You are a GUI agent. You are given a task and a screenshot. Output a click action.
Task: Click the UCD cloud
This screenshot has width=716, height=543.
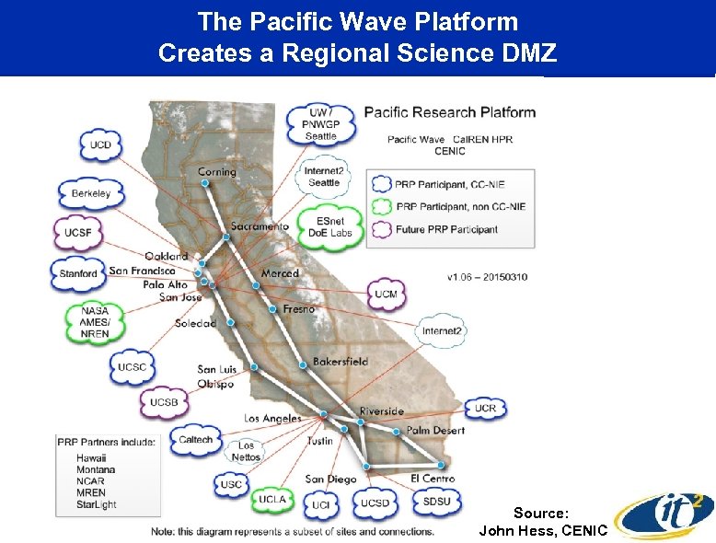click(100, 145)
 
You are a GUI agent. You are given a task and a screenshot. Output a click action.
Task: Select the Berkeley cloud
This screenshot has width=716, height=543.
click(90, 193)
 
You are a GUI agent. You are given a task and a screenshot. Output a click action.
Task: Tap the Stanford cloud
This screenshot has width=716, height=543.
click(78, 273)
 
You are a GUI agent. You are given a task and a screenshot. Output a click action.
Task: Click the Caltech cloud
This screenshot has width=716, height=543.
click(195, 440)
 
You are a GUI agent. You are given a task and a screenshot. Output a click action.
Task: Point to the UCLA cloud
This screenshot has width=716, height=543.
click(272, 499)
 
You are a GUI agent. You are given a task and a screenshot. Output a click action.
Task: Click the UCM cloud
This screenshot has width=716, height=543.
click(386, 294)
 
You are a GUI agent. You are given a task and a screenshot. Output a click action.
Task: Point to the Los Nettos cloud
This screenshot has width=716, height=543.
click(246, 451)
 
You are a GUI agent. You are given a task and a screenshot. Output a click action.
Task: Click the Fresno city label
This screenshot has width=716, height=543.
click(298, 309)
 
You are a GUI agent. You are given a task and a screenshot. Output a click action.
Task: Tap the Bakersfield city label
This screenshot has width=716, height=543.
click(340, 361)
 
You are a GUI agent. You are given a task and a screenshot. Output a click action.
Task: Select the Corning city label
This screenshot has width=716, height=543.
click(217, 171)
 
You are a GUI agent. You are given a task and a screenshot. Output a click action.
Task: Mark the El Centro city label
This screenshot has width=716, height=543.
click(432, 478)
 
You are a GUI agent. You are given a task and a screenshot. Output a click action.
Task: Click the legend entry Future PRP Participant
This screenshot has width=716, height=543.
click(446, 229)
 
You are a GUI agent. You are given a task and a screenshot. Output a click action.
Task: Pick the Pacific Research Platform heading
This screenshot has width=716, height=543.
click(449, 112)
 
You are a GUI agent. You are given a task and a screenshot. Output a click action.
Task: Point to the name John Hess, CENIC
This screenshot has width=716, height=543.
click(543, 530)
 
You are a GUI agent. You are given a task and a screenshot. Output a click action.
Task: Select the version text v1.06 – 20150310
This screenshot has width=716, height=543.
click(487, 276)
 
